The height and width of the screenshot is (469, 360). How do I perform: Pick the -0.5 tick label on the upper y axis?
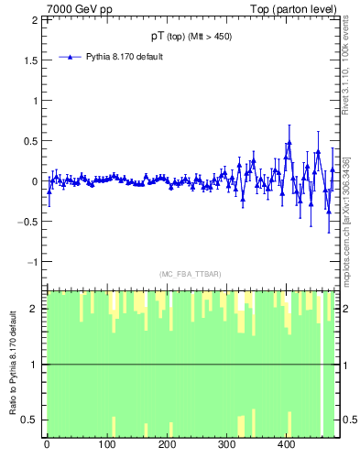(x=29, y=222)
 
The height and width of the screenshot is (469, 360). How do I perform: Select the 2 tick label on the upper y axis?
(x=37, y=20)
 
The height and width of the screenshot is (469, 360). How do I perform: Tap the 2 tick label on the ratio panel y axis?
(x=37, y=309)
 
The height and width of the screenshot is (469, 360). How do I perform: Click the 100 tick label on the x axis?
(x=107, y=446)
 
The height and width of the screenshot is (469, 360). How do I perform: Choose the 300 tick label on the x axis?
(x=227, y=446)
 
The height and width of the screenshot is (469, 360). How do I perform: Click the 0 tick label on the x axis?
(x=47, y=446)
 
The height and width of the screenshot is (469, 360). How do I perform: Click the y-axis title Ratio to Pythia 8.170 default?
(x=13, y=364)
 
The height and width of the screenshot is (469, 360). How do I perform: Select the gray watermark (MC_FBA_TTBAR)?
(x=191, y=274)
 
